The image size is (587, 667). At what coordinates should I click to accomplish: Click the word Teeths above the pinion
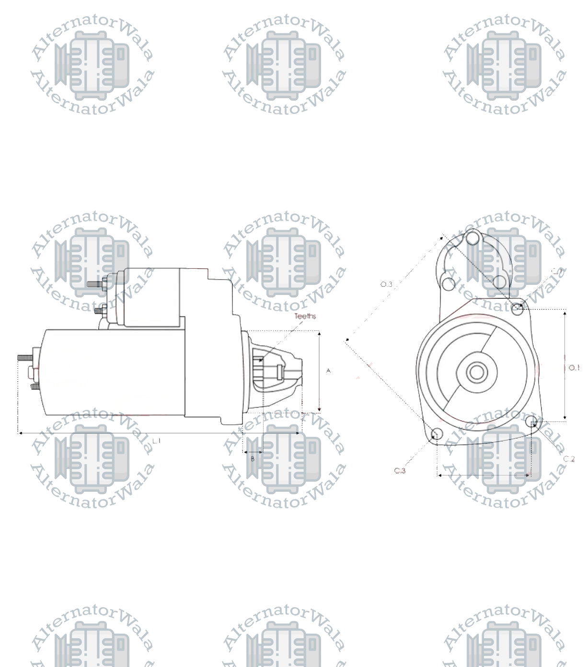(x=305, y=316)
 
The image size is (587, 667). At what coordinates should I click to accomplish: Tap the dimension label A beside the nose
(x=328, y=371)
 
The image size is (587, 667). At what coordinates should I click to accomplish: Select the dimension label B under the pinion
(x=253, y=459)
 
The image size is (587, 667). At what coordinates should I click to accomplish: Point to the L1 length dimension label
(x=157, y=440)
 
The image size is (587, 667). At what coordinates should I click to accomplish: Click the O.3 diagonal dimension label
(x=386, y=284)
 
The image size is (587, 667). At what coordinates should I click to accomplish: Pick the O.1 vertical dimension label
(x=574, y=368)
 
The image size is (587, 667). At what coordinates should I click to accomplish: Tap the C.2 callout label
(x=568, y=459)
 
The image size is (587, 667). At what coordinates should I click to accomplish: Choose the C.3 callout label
(x=400, y=471)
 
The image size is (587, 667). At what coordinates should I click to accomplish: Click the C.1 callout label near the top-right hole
(x=557, y=271)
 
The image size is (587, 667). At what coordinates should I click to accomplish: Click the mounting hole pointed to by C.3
(x=437, y=434)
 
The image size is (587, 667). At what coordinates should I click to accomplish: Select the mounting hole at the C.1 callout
(x=518, y=308)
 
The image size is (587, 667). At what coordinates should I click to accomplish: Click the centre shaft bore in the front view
(x=476, y=372)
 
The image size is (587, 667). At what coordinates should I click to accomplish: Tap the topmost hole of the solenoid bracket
(x=473, y=237)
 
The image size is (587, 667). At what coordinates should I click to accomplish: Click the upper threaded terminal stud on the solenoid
(x=94, y=283)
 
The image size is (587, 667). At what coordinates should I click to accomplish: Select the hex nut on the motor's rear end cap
(x=32, y=372)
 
